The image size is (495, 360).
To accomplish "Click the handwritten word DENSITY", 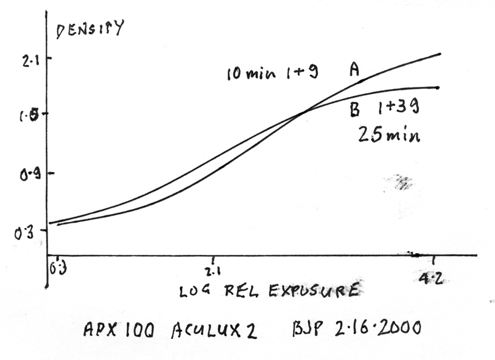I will click(x=90, y=29).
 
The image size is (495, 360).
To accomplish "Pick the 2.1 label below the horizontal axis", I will click(x=213, y=272).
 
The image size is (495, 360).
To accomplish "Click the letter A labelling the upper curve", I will click(x=355, y=70).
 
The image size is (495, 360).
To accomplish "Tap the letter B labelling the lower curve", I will click(x=355, y=110).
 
